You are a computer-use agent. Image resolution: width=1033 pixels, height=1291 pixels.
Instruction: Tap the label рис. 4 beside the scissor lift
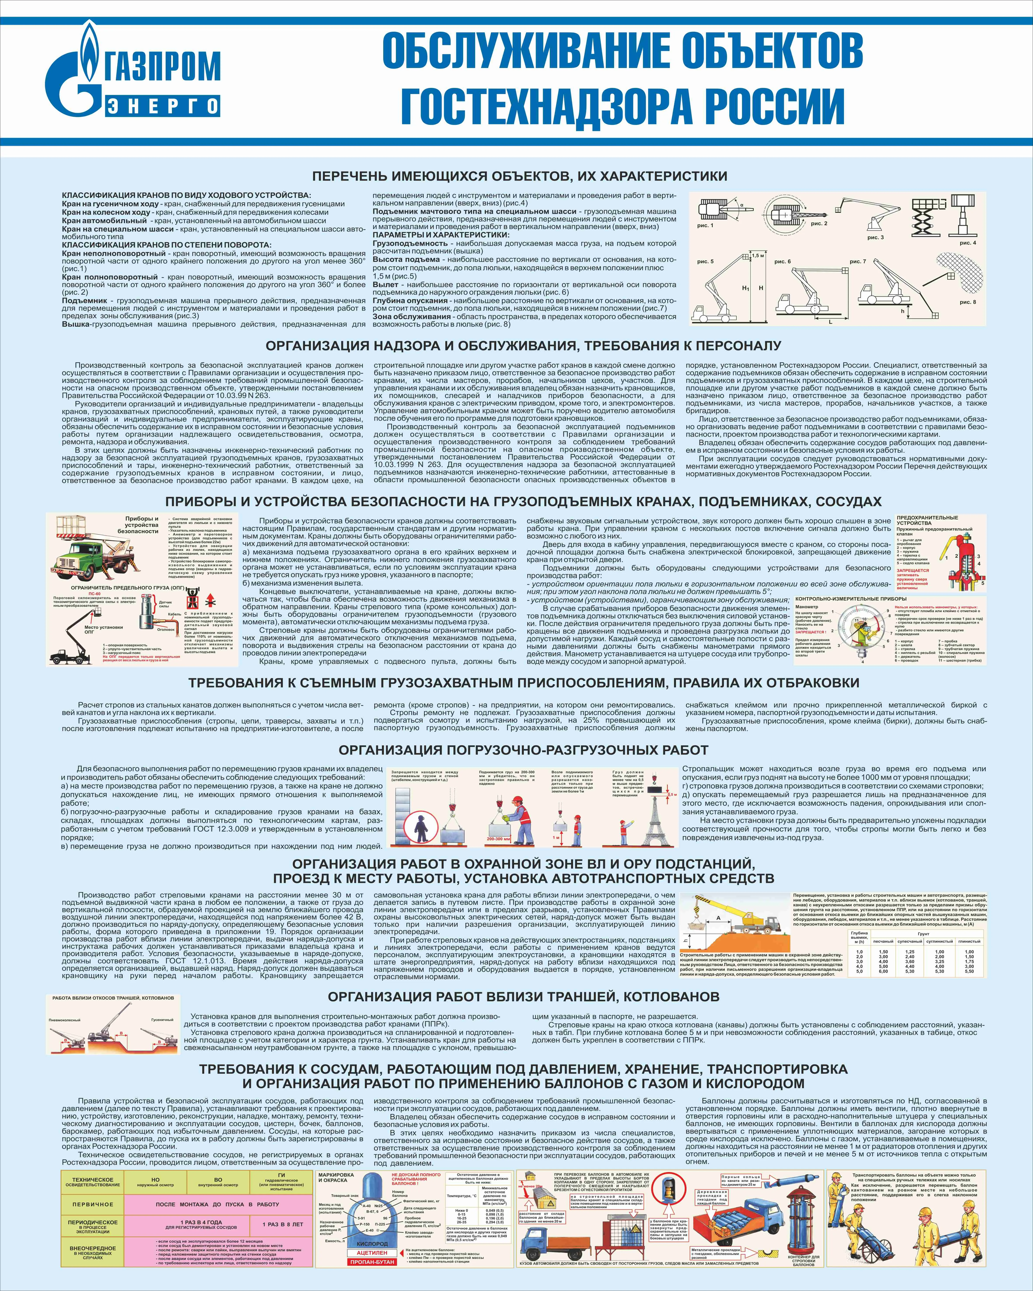tap(967, 242)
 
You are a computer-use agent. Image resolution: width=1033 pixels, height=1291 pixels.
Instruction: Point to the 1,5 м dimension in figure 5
tap(758, 256)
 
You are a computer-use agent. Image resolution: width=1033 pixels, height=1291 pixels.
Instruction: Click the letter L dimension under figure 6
tap(831, 322)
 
